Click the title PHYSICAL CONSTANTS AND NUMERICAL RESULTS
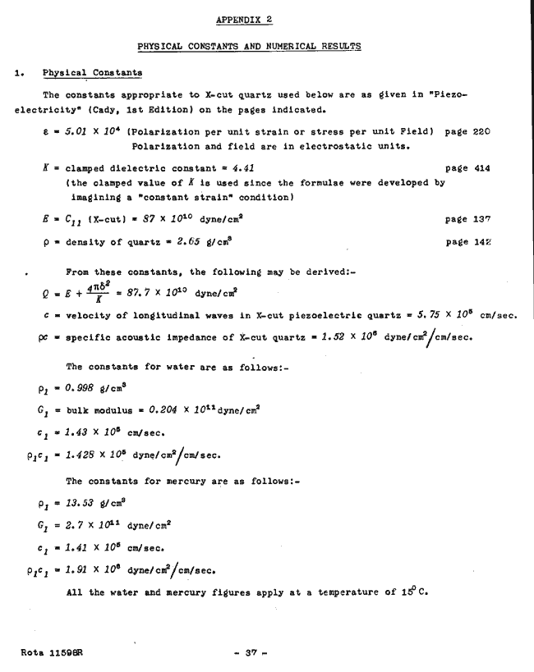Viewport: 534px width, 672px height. [x=247, y=47]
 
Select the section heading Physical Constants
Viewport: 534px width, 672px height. [x=92, y=73]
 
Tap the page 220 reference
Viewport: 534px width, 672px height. [x=467, y=130]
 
